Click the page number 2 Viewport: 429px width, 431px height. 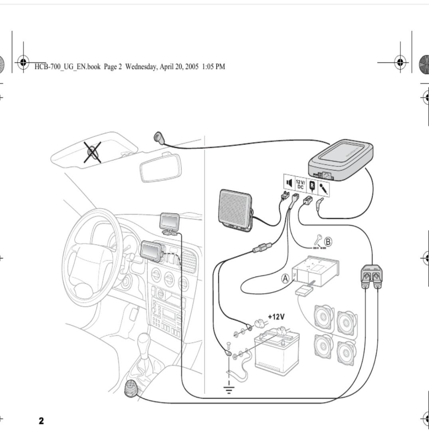tap(42, 420)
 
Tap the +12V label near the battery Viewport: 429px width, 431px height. tap(276, 317)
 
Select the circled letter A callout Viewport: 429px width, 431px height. tap(285, 279)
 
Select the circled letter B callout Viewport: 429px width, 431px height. tap(328, 241)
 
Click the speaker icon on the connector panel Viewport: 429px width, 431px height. tap(289, 183)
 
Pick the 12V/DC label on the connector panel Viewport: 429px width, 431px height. tap(300, 184)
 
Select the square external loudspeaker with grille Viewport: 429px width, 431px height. tap(235, 210)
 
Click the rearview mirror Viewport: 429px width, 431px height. tap(160, 168)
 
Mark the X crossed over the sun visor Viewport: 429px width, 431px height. tap(92, 152)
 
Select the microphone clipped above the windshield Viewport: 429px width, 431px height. tap(159, 138)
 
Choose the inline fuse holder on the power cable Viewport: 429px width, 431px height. tap(261, 248)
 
